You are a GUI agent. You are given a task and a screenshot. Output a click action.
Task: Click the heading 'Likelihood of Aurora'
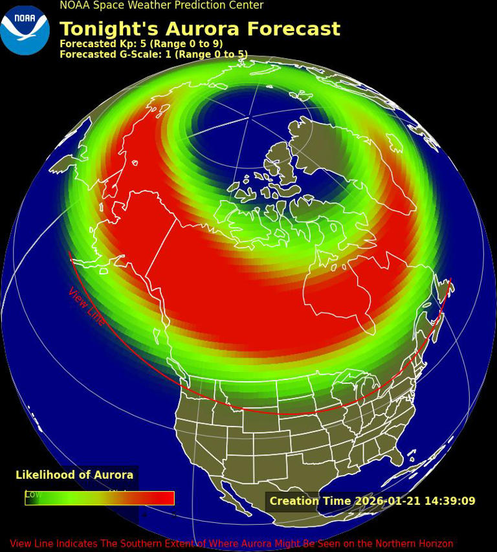pyautogui.click(x=74, y=475)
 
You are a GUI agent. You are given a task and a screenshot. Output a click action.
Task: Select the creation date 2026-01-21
pyautogui.click(x=385, y=501)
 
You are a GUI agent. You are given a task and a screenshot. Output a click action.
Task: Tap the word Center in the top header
pyautogui.click(x=246, y=5)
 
